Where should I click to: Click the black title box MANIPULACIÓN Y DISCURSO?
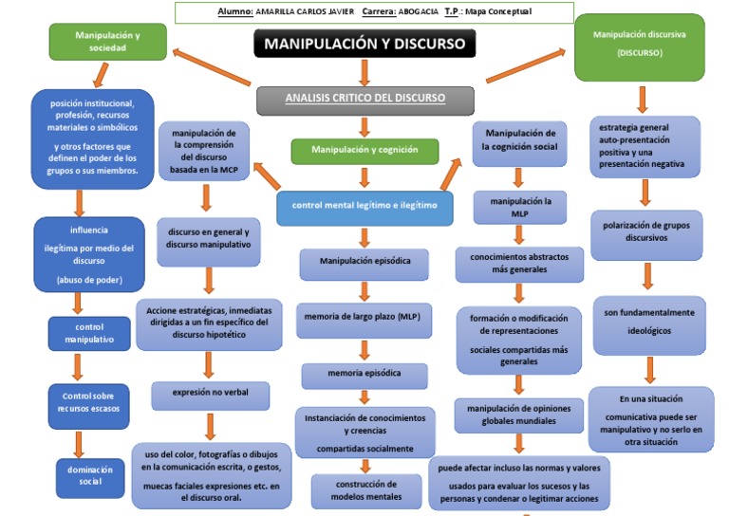coord(364,44)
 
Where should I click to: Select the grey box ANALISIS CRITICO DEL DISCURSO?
coord(364,99)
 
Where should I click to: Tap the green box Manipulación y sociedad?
coord(107,42)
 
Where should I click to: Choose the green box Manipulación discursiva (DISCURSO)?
coord(640,46)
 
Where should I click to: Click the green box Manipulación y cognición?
coord(364,150)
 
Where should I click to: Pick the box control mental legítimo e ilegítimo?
coord(364,206)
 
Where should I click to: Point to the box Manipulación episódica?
coord(364,263)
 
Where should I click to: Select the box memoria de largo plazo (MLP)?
coord(364,317)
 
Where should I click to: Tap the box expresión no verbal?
coord(210,393)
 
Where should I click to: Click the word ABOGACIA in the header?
coord(416,12)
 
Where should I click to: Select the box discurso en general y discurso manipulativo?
coord(209,238)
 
